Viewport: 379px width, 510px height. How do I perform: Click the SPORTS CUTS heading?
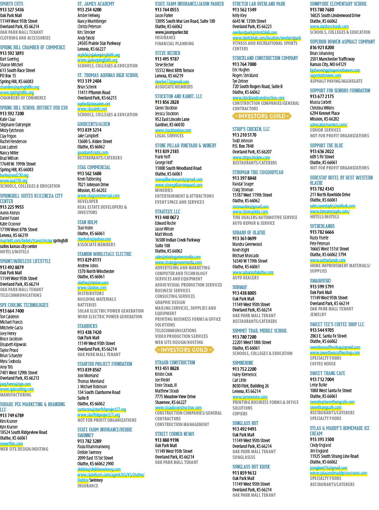(x=11, y=4)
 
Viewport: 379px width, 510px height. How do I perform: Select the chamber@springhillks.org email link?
(x=20, y=87)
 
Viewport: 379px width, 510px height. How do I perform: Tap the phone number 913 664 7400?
(x=12, y=311)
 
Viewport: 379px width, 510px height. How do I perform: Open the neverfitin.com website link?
(x=11, y=444)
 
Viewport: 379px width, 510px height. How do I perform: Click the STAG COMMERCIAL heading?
(x=94, y=167)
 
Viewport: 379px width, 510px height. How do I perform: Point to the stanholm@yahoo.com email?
(x=94, y=239)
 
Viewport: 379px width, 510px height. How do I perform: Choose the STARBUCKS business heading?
(x=87, y=326)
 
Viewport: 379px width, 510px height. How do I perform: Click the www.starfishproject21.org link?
(x=98, y=415)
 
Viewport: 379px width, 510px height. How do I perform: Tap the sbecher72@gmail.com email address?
(x=172, y=82)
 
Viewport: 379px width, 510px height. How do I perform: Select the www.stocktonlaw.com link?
(x=173, y=130)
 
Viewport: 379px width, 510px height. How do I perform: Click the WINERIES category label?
(x=164, y=190)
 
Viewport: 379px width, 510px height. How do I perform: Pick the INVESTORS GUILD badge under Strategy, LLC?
(x=185, y=350)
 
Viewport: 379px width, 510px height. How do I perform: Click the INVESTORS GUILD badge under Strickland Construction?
(x=262, y=116)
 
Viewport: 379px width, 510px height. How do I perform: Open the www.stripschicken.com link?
(x=251, y=157)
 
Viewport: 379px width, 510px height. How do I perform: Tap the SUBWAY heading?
(x=239, y=287)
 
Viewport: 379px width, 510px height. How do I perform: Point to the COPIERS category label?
(x=240, y=414)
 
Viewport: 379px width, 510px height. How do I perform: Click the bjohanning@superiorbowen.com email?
(x=335, y=70)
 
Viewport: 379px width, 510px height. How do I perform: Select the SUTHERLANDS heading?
(x=322, y=226)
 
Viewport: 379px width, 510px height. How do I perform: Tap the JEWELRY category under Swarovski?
(x=318, y=314)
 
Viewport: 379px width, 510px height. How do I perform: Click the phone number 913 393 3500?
(x=322, y=439)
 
